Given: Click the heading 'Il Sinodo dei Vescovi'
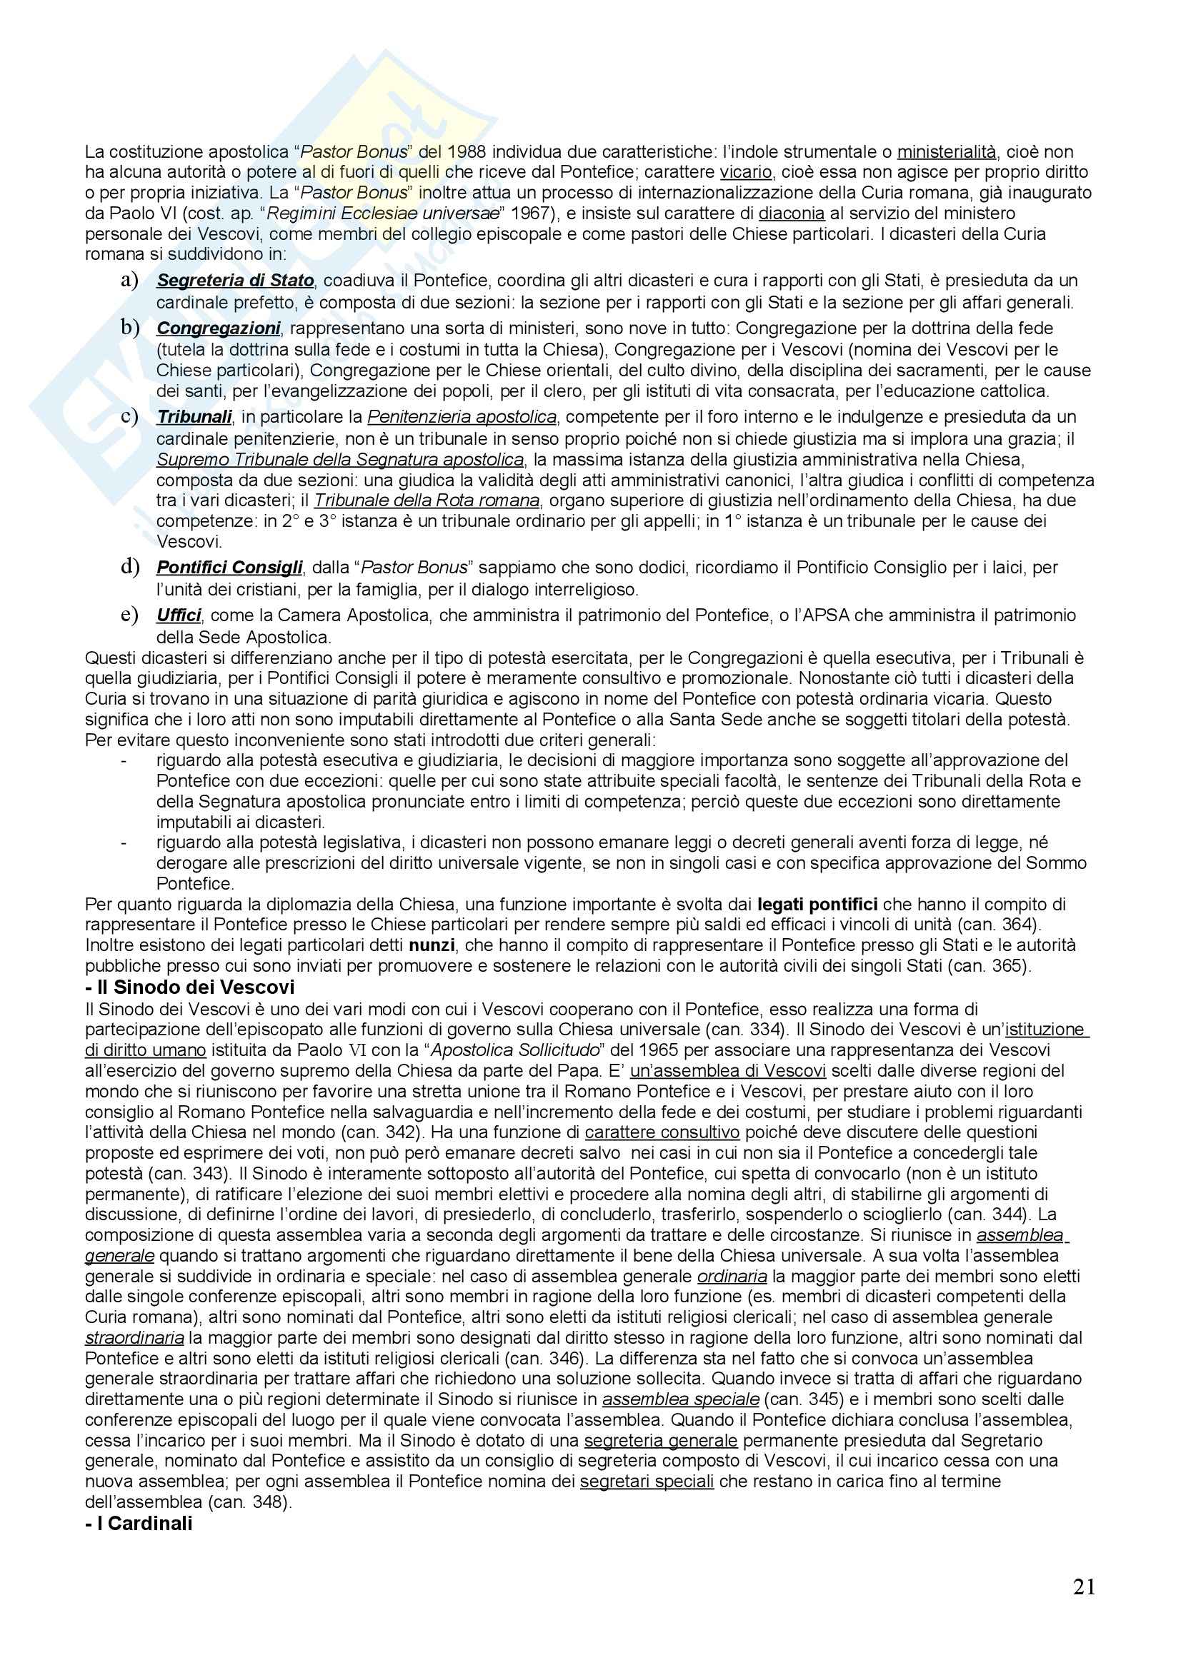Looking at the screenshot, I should click(190, 987).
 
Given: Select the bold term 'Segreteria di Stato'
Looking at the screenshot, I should click(235, 280).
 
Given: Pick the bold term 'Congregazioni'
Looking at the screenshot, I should click(219, 328).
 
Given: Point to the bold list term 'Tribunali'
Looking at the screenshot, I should click(194, 417).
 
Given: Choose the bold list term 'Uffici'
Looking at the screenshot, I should click(179, 615).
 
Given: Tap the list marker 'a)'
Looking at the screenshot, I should click(129, 280).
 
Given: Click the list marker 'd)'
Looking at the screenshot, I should click(129, 567).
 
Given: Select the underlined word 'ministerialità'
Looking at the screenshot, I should click(946, 152).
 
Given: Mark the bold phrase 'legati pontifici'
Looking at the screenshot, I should click(817, 904).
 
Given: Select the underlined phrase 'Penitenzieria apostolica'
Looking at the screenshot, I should click(462, 417).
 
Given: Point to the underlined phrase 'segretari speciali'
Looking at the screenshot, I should click(647, 1482).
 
